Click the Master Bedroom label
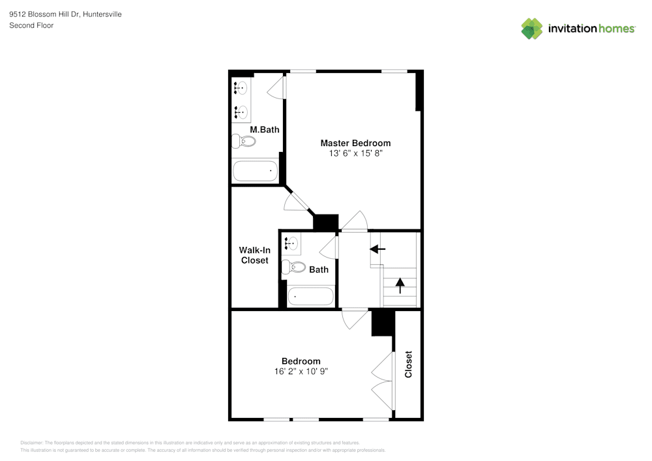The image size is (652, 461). (355, 143)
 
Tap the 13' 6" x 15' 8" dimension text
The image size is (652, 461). (355, 154)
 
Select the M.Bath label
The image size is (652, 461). (265, 130)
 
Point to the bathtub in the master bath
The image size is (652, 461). (256, 171)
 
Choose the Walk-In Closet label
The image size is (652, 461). (254, 255)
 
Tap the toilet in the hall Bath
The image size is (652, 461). (294, 267)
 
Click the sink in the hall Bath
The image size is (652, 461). (291, 244)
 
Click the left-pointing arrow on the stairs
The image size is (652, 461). (378, 248)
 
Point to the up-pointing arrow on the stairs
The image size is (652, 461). (400, 285)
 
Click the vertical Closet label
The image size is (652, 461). (409, 364)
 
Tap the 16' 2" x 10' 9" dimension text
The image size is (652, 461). (301, 372)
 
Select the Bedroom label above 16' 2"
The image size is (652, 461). (301, 361)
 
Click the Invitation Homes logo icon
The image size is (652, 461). (531, 29)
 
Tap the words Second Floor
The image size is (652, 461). (31, 25)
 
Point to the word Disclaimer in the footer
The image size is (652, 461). (32, 443)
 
